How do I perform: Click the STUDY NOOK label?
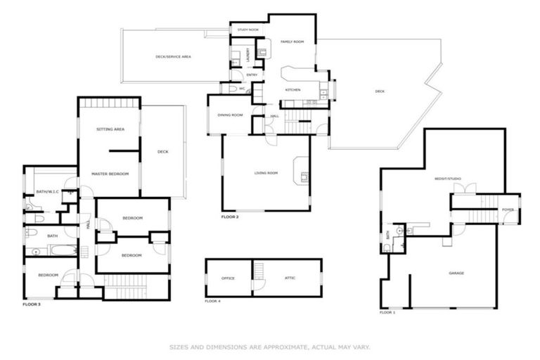(247, 30)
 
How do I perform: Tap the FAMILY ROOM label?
(292, 42)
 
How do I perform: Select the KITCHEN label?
(292, 90)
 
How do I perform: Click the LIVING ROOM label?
(266, 172)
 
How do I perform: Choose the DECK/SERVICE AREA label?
(173, 56)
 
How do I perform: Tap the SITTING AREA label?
(110, 129)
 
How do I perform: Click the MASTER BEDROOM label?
(110, 173)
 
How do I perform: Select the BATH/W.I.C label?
(48, 192)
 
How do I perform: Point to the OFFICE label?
(228, 278)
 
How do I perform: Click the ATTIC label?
(290, 278)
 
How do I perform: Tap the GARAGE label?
(456, 273)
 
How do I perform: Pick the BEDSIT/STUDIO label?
(447, 179)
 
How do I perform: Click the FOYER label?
(508, 210)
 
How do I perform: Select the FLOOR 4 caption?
(212, 300)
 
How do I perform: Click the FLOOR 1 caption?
(387, 311)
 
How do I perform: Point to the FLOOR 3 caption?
(32, 304)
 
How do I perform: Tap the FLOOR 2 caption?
(230, 217)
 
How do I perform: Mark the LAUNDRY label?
(250, 54)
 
